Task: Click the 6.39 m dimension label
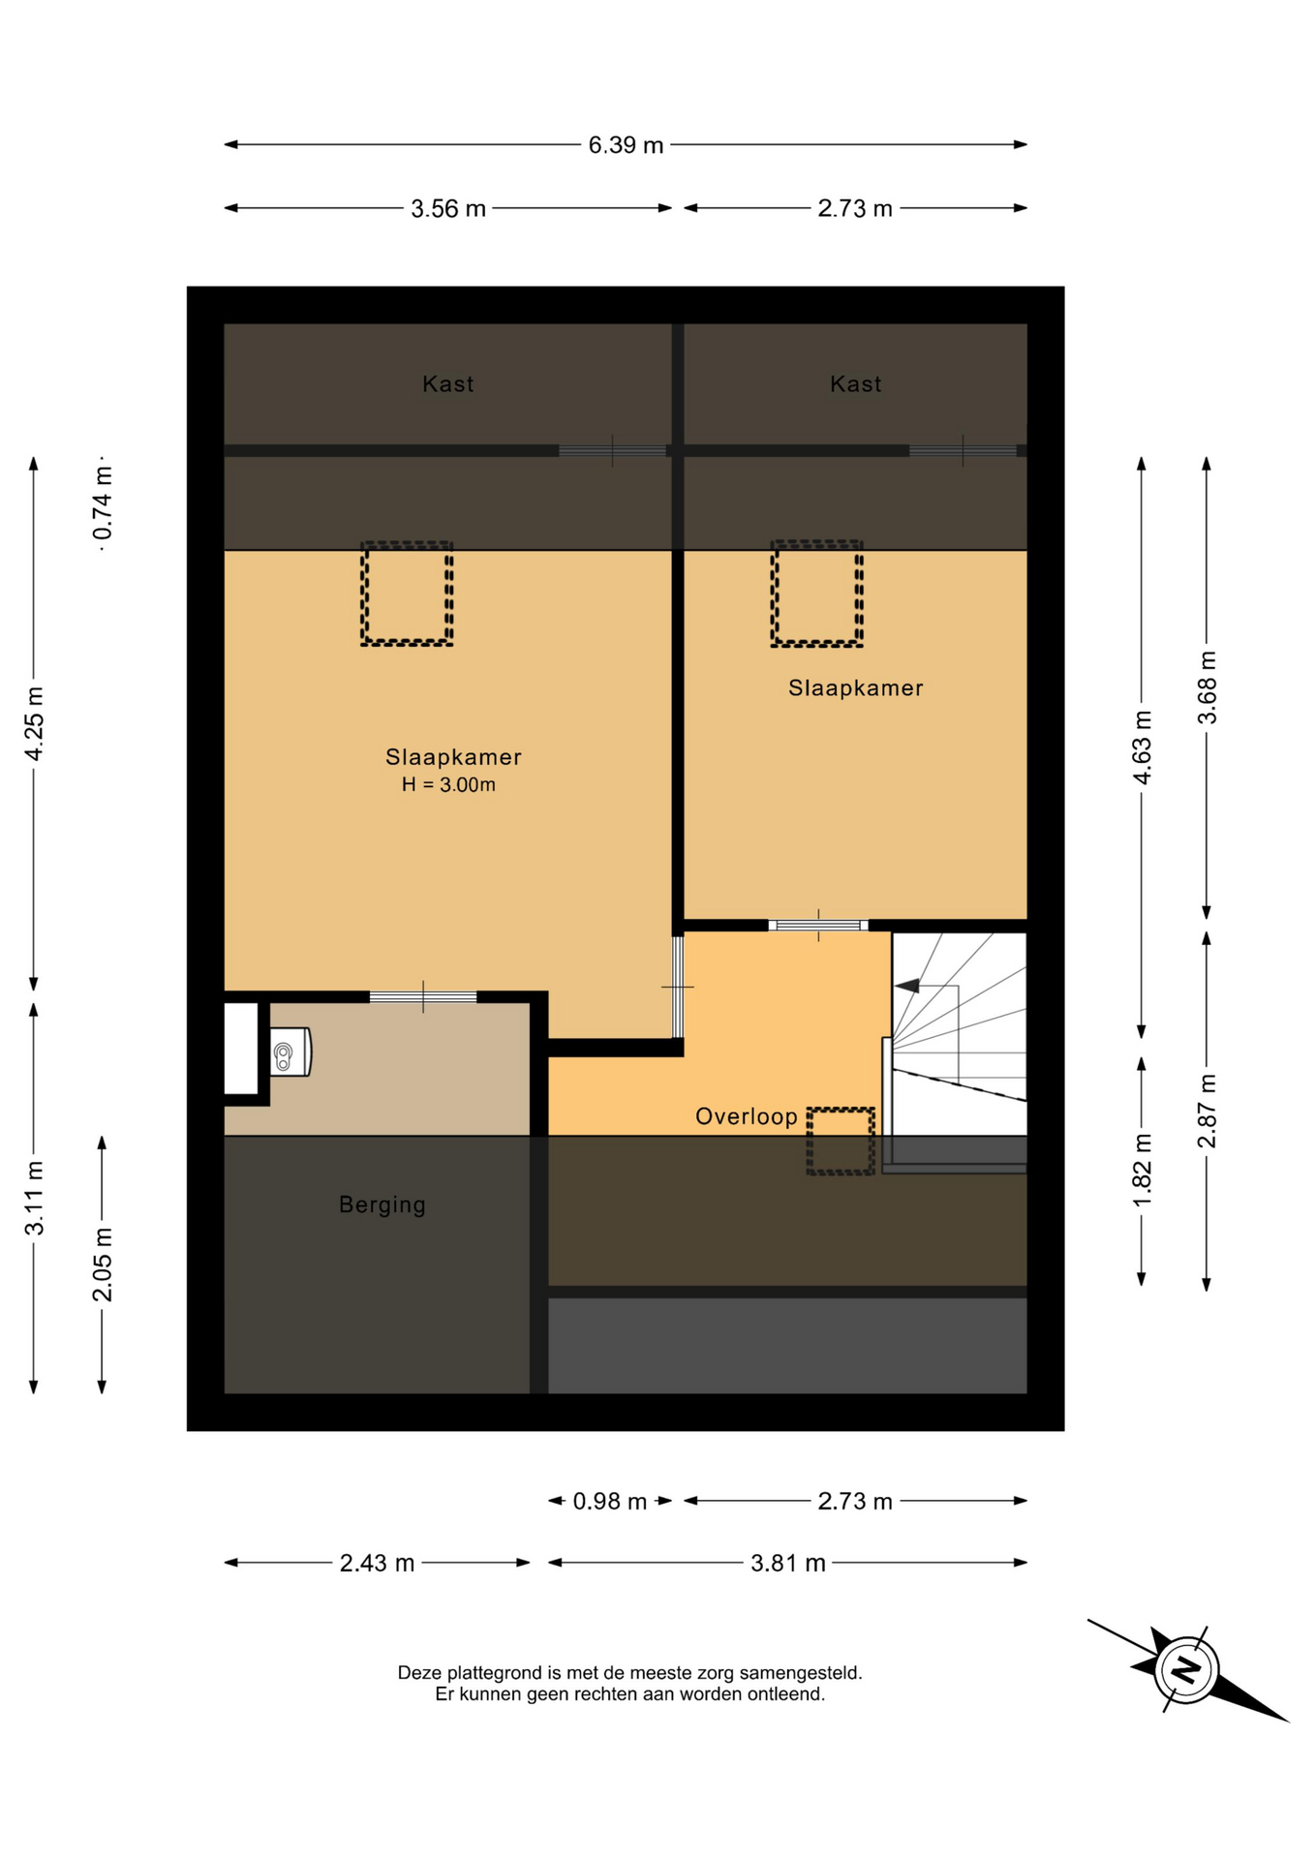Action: pos(626,145)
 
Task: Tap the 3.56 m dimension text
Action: pos(448,208)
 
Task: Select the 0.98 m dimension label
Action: pos(609,1501)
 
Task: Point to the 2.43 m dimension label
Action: pos(377,1563)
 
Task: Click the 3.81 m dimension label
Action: pos(788,1563)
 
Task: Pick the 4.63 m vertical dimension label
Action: pos(1143,747)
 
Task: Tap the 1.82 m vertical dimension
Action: pos(1143,1171)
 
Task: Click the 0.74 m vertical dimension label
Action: pos(103,503)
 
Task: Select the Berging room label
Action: pos(382,1205)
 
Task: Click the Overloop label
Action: pos(747,1116)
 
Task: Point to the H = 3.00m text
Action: pos(448,785)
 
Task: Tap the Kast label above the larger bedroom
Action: pos(448,384)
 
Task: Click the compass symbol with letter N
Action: pos(1187,1669)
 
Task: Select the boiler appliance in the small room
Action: pos(291,1051)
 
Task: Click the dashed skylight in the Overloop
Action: pos(841,1142)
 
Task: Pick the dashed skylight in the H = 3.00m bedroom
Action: pos(407,594)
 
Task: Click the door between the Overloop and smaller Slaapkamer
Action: pos(818,926)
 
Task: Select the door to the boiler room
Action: pos(423,997)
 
